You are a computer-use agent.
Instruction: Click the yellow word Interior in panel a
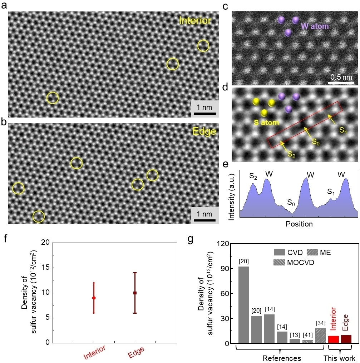(x=195, y=21)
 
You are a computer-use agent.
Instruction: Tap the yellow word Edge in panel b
(x=204, y=131)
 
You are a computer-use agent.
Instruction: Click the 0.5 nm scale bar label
(x=340, y=77)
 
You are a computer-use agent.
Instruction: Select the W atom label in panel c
(x=315, y=26)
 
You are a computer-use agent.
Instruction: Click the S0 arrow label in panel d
(x=315, y=141)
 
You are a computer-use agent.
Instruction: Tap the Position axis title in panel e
(x=299, y=224)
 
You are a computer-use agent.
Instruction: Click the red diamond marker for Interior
(x=94, y=298)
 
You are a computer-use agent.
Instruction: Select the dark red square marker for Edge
(x=135, y=293)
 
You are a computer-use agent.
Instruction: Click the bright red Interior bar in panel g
(x=334, y=339)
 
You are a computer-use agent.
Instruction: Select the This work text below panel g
(x=340, y=358)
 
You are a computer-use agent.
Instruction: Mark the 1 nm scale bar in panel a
(x=204, y=114)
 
